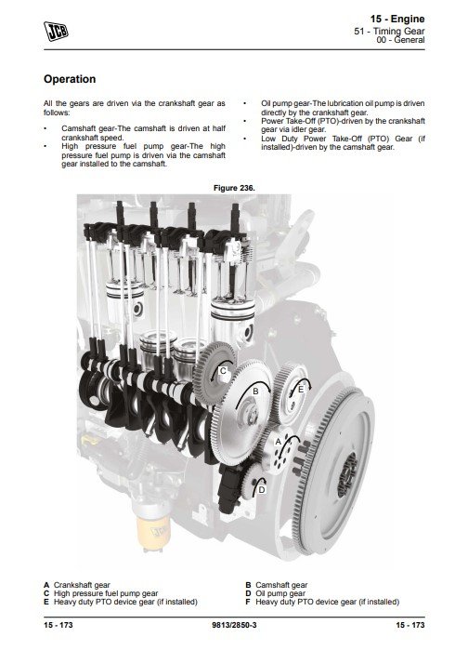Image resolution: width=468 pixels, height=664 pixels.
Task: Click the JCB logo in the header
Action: [56, 32]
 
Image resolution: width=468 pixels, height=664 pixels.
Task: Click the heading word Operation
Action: [70, 79]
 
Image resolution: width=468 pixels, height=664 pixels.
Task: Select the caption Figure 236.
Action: [234, 188]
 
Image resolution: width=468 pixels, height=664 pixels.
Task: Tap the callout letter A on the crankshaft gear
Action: [279, 442]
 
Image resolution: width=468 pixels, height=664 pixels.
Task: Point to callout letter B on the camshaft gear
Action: [255, 392]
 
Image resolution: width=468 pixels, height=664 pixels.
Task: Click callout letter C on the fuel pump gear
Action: [223, 371]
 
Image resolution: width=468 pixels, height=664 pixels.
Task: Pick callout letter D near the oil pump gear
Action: [262, 490]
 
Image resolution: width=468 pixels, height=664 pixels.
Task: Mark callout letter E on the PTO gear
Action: [301, 389]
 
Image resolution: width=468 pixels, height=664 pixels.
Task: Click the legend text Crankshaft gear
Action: [82, 585]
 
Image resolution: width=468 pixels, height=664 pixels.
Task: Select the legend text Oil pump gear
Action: [279, 593]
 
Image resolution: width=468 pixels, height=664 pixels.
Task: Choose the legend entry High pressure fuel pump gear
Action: [106, 593]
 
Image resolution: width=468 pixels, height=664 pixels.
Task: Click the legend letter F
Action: [248, 602]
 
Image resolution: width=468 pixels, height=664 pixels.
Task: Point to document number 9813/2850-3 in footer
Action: [234, 625]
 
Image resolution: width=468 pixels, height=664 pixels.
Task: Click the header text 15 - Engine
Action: [397, 19]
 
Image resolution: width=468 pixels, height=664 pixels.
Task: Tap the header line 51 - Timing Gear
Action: [389, 31]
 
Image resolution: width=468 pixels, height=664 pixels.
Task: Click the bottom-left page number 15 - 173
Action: [58, 625]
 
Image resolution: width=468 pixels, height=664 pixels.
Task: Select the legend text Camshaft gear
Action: [281, 585]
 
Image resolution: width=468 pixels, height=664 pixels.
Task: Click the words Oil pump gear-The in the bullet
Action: [293, 103]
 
